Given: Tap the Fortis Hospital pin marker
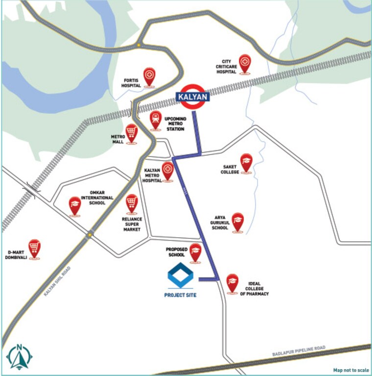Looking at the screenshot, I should pos(149,76).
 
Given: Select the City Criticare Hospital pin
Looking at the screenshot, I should pos(244,63).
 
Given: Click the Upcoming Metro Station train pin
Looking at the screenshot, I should pos(156,120).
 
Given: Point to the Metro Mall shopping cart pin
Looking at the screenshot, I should pos(131,132).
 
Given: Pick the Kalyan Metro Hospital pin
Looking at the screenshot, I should pos(168,171).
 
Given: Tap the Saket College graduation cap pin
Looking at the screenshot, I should pos(246,162).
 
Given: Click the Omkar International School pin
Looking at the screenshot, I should pos(74,205).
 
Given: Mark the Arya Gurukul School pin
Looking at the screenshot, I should pos(238,222).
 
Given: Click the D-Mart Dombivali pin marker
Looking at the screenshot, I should pos(34,249).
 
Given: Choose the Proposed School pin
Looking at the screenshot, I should pos(195,252).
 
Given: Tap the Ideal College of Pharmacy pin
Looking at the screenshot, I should pos(232,283).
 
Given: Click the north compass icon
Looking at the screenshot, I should pos(20,356).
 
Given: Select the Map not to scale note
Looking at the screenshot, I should pos(351,370).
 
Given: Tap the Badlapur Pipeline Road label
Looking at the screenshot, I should pos(299,353).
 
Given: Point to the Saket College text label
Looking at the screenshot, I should pos(230,169).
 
